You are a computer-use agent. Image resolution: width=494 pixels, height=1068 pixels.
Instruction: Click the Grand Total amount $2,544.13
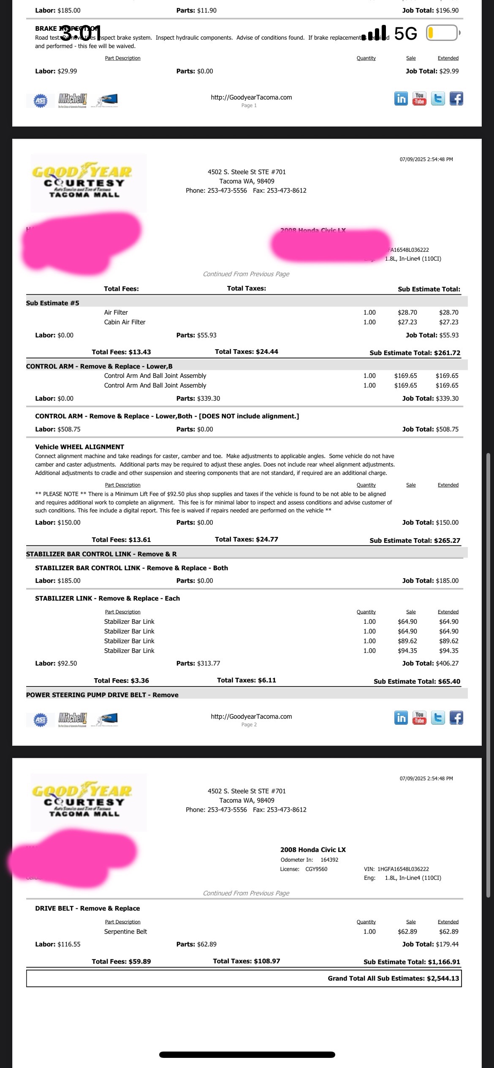[442, 978]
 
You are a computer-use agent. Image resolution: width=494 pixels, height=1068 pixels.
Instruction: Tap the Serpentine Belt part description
[125, 931]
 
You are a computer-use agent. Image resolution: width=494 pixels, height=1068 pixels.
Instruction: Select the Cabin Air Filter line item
[125, 322]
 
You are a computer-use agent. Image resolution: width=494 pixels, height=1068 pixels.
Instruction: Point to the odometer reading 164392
[329, 860]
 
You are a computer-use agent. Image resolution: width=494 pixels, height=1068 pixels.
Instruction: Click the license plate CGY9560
[316, 869]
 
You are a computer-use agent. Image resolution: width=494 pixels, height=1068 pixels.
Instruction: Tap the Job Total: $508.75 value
[430, 429]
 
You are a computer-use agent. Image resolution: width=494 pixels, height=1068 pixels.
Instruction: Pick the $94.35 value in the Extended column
[448, 651]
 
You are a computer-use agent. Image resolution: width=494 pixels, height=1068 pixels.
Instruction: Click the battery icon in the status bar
[442, 33]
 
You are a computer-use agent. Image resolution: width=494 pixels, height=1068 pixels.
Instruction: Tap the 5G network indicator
[405, 33]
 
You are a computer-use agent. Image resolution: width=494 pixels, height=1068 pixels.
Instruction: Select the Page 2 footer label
[249, 725]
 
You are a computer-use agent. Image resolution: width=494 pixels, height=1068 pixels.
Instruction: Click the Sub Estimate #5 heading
[52, 303]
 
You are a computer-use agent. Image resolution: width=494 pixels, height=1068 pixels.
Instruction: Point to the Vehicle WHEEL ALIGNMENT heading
[79, 447]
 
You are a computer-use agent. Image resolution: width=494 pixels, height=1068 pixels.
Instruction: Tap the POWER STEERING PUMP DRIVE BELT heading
[102, 695]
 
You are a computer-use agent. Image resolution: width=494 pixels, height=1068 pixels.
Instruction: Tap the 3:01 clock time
[80, 33]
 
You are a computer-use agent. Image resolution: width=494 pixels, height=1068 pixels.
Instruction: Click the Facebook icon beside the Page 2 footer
[456, 718]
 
